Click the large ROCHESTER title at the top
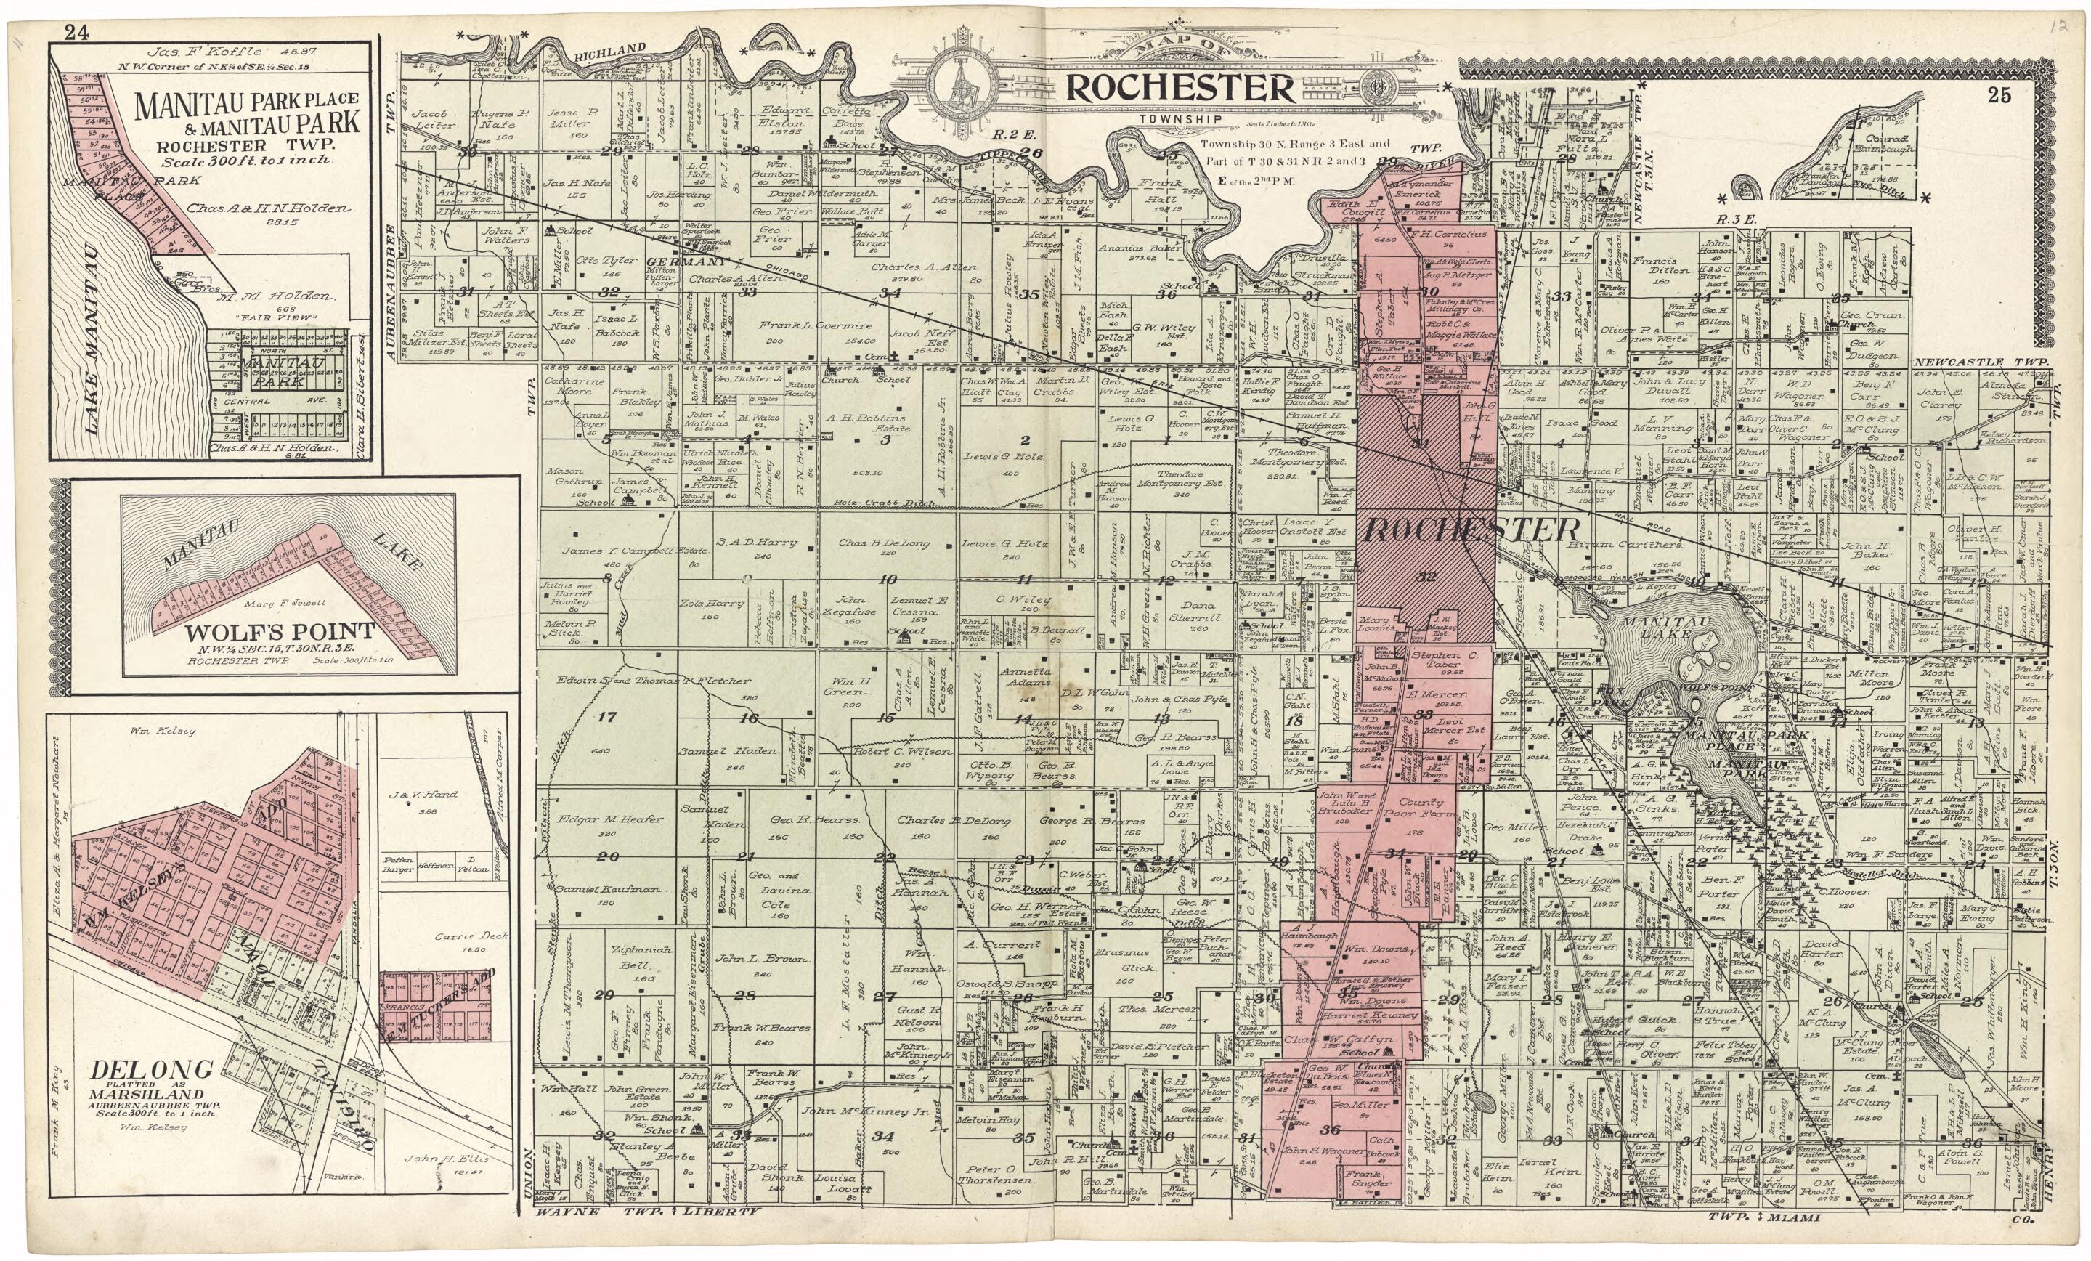tap(1180, 88)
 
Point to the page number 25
tap(1999, 96)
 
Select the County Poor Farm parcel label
tap(1421, 808)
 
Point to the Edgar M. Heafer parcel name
tap(598, 821)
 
